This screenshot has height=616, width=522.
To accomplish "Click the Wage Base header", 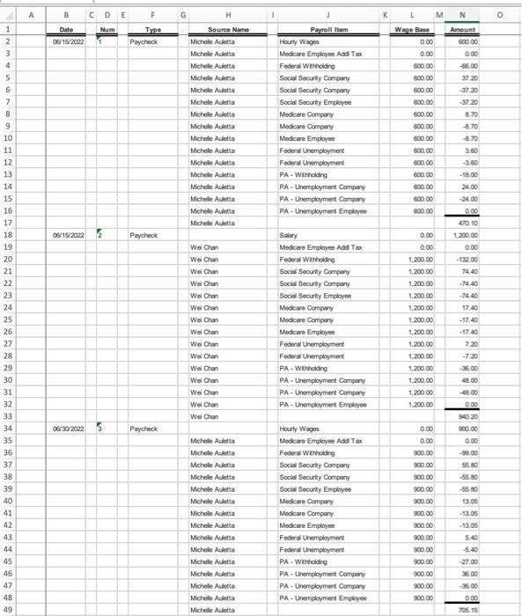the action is point(414,30).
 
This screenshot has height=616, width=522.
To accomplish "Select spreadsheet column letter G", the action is point(182,12).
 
